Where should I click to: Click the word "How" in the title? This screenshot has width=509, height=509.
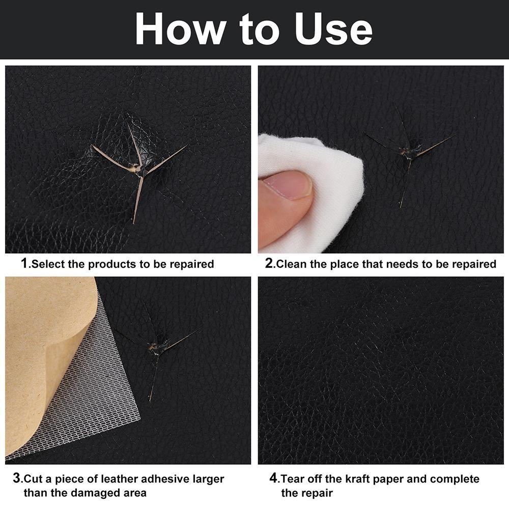pyautogui.click(x=181, y=29)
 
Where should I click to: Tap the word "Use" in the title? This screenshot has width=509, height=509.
pyautogui.click(x=333, y=29)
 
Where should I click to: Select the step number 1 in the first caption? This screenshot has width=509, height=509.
pyautogui.click(x=24, y=263)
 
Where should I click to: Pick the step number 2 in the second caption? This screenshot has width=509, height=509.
pyautogui.click(x=269, y=263)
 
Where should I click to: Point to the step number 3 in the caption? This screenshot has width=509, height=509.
pyautogui.click(x=17, y=478)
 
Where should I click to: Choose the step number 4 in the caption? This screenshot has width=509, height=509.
pyautogui.click(x=274, y=478)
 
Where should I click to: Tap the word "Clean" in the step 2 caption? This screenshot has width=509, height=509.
pyautogui.click(x=291, y=264)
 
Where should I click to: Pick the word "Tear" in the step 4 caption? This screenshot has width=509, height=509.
pyautogui.click(x=293, y=479)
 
